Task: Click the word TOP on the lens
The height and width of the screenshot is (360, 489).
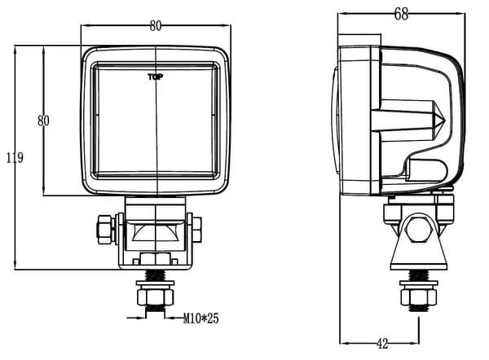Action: pyautogui.click(x=154, y=78)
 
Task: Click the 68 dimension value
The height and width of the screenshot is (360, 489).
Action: pyautogui.click(x=399, y=12)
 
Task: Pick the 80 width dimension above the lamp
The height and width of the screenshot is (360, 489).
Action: pyautogui.click(x=155, y=25)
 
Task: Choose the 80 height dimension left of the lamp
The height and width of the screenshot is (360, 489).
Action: pyautogui.click(x=45, y=121)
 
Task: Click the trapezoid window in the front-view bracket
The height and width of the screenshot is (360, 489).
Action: pyautogui.click(x=155, y=237)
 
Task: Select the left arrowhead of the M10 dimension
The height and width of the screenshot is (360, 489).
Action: pyautogui.click(x=141, y=315)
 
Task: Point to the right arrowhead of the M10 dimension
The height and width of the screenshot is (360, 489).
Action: pyautogui.click(x=171, y=315)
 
